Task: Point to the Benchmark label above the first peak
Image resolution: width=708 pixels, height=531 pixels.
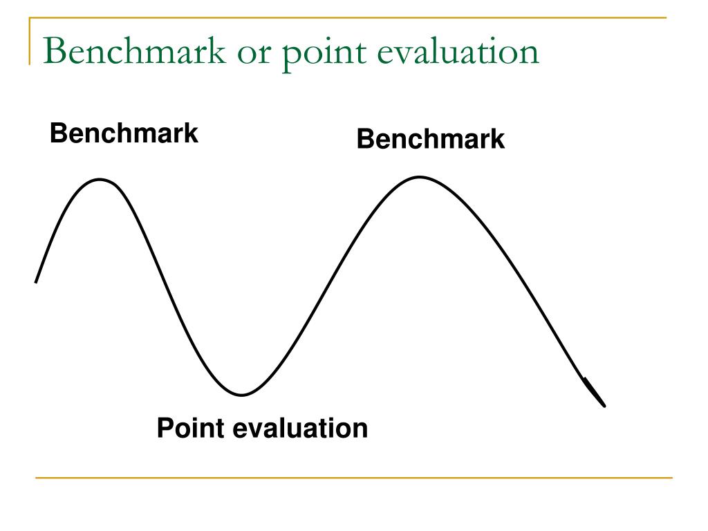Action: [124, 133]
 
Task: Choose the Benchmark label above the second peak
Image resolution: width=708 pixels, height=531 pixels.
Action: [430, 140]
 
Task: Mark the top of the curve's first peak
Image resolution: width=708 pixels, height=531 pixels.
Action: [101, 180]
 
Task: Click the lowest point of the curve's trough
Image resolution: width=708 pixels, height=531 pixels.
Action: [241, 395]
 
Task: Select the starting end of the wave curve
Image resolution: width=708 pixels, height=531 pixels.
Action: [36, 281]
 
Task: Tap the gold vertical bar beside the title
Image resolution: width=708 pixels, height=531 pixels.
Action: [30, 41]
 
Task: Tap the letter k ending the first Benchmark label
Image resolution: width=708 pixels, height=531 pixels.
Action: [192, 133]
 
